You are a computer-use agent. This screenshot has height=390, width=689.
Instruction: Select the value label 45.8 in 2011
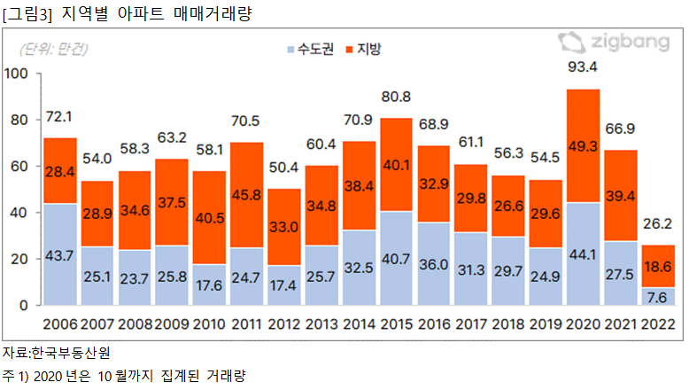click(246, 210)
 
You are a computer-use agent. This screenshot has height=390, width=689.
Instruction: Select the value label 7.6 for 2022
click(657, 296)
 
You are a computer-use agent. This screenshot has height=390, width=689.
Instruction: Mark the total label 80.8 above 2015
click(396, 96)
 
